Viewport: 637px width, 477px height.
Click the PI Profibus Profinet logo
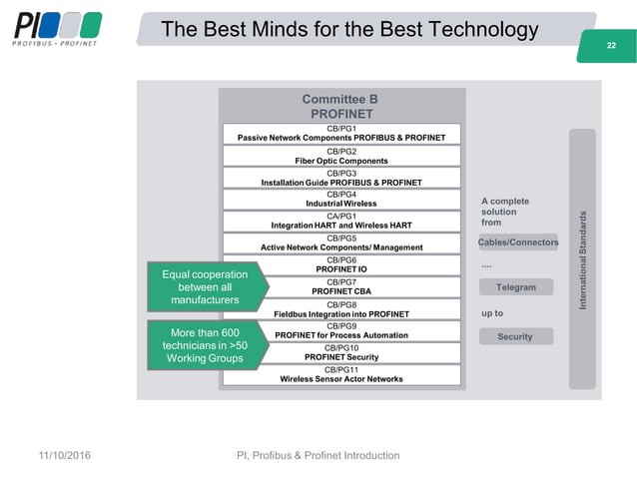tap(56, 29)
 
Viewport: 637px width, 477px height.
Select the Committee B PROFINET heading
tap(341, 107)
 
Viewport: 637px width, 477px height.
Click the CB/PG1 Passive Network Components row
tap(341, 133)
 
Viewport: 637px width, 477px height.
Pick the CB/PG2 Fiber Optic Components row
tap(341, 156)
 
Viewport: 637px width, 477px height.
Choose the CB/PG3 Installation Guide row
tap(341, 178)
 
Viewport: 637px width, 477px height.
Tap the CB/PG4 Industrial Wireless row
tap(341, 199)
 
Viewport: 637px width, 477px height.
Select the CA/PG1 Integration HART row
tap(341, 221)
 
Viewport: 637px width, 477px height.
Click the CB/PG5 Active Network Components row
tap(341, 242)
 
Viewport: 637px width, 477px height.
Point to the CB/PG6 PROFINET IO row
tap(341, 264)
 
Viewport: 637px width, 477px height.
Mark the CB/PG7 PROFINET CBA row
tap(341, 286)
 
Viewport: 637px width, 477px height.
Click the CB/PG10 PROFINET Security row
tap(341, 352)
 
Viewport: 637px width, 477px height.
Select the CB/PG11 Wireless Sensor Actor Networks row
tap(341, 374)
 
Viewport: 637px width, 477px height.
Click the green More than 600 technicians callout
tap(205, 345)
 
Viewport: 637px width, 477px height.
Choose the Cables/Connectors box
tap(518, 242)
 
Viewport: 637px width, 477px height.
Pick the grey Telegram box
tap(516, 287)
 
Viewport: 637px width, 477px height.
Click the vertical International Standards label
tap(582, 258)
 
